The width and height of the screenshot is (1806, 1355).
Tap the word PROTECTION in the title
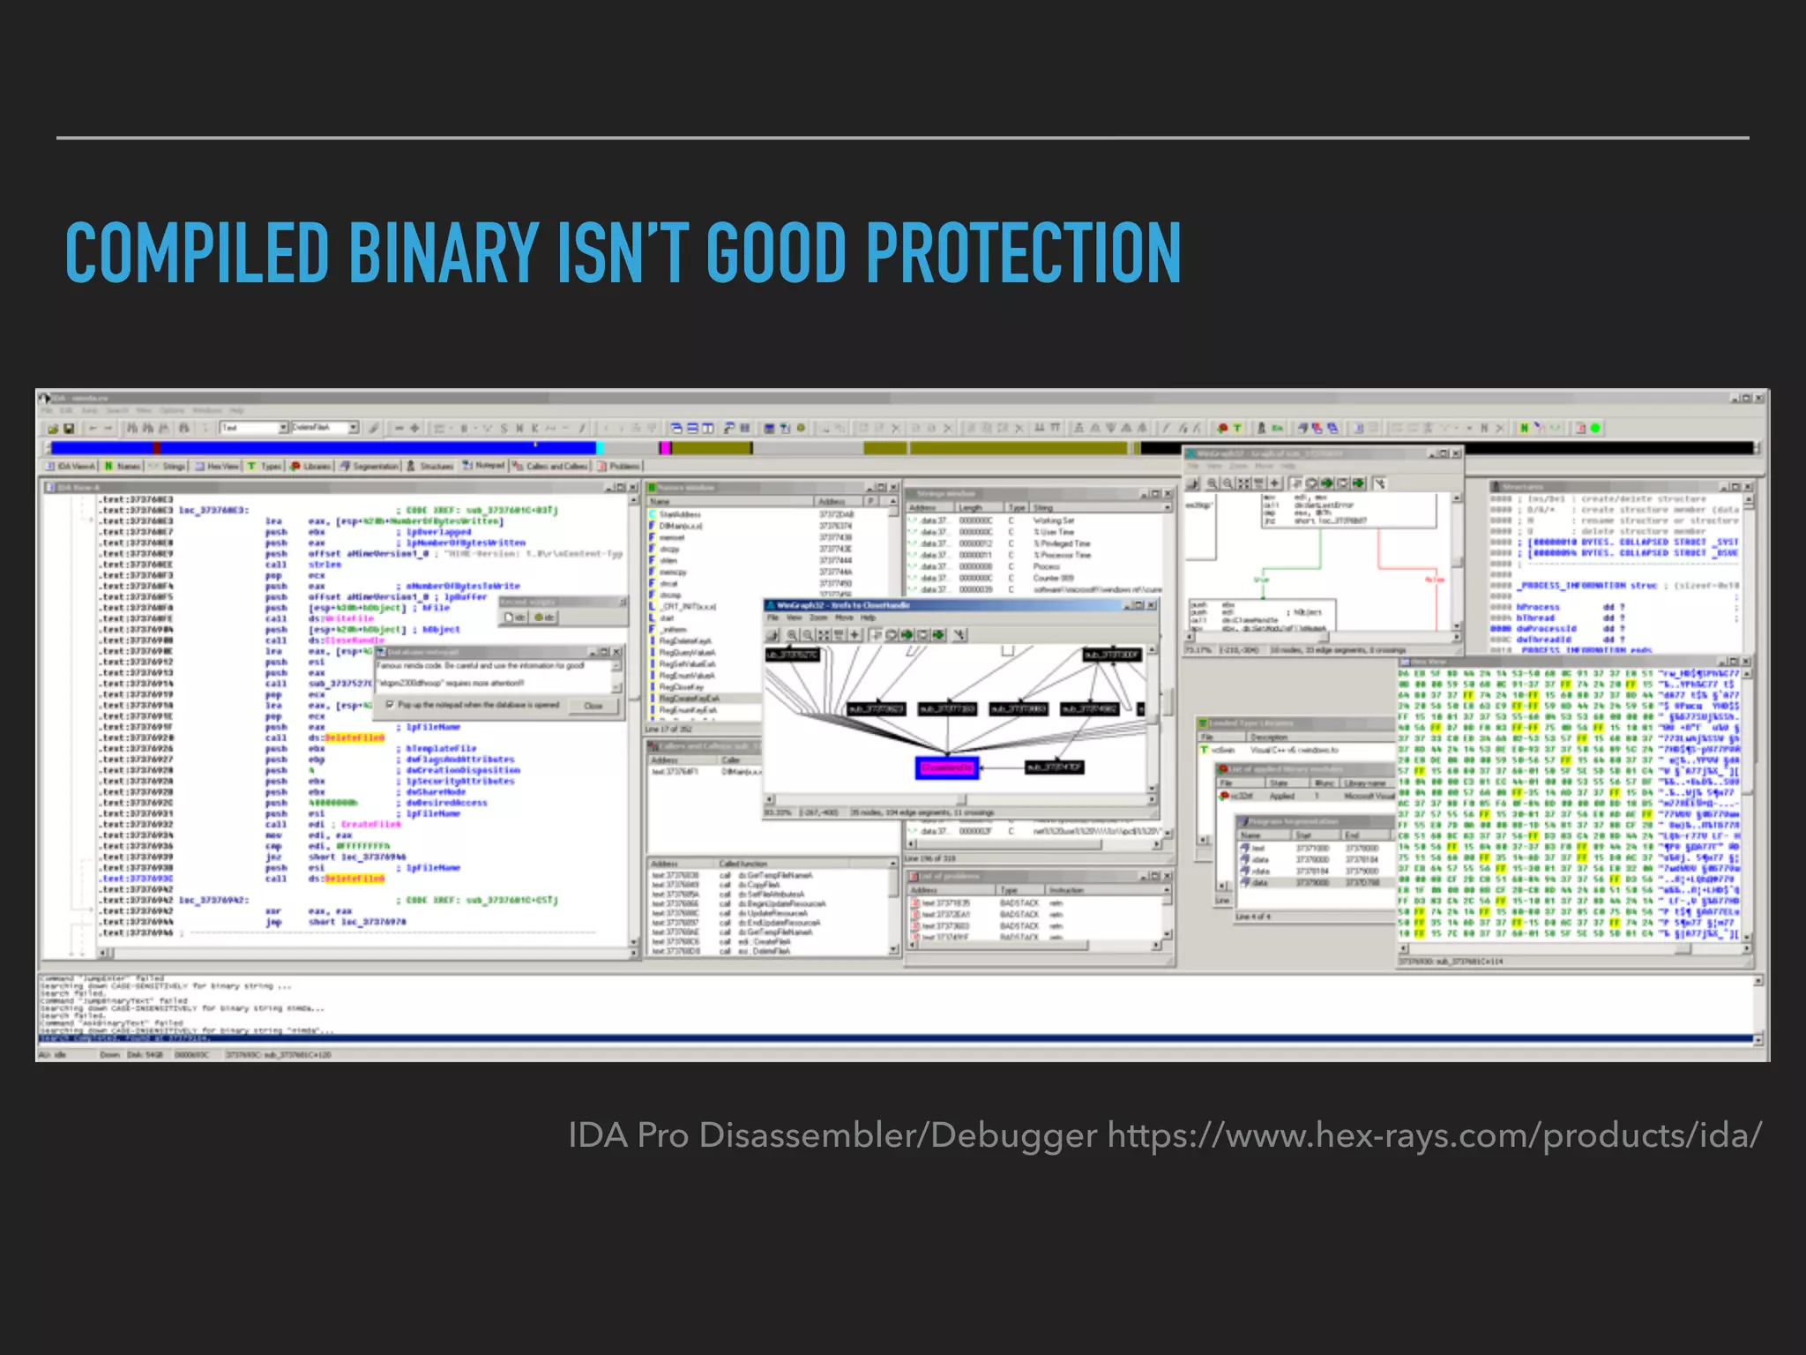1023,253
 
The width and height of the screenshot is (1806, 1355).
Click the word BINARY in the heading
444,253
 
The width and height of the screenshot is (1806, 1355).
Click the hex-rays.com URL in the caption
1434,1135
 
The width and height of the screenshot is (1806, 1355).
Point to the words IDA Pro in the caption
628,1135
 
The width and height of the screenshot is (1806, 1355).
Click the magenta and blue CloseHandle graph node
947,767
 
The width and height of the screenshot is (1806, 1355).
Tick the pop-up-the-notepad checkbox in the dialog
390,705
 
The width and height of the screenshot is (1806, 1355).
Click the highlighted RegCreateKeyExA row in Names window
688,699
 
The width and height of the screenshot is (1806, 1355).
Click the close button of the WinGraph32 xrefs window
1151,605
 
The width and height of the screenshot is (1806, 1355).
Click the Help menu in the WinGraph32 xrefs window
868,618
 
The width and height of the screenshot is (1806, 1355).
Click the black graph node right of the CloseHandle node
1054,767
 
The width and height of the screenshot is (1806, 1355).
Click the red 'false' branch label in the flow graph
1435,580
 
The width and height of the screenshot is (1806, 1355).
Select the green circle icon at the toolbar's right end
1595,429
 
